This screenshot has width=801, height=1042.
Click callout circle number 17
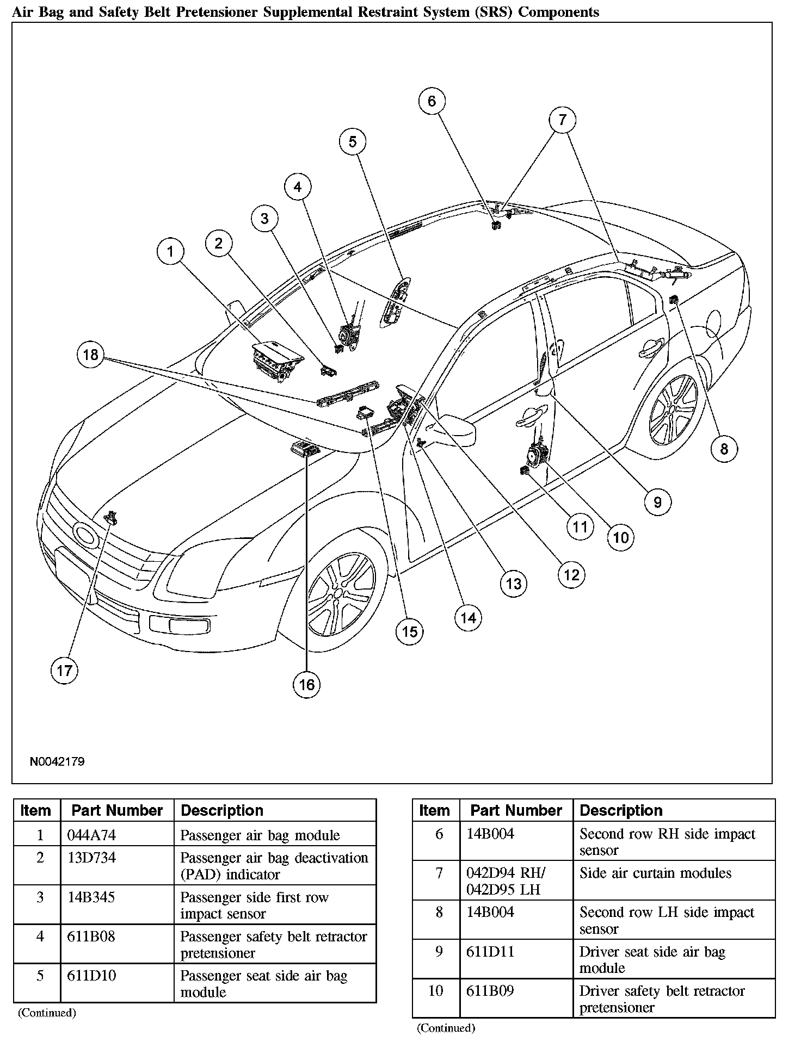tap(64, 670)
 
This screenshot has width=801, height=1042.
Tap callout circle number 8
tap(724, 449)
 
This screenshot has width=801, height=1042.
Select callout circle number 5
tap(353, 142)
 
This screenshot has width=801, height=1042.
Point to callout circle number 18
tap(90, 355)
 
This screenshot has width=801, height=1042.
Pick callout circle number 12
tap(571, 575)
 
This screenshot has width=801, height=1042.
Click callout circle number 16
tap(307, 684)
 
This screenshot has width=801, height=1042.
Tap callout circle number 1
tap(170, 251)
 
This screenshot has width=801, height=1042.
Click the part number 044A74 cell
tap(91, 835)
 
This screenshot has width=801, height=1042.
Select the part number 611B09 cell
tap(490, 990)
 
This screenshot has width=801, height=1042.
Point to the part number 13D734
tap(91, 858)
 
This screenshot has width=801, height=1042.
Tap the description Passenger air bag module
tap(260, 835)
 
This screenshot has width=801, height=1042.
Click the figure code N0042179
tap(57, 761)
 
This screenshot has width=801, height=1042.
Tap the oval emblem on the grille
tap(84, 535)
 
